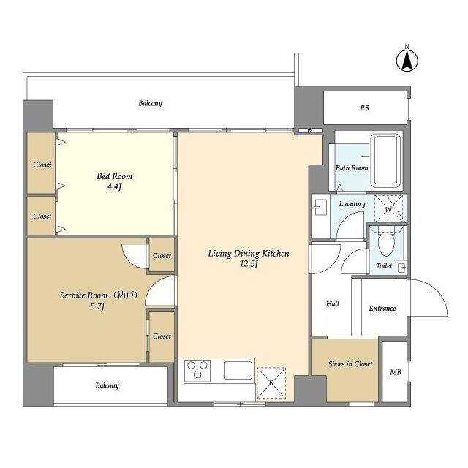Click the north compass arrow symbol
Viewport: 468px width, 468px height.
click(x=407, y=60)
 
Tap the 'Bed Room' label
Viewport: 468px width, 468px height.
click(x=114, y=176)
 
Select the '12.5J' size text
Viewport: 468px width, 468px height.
click(x=249, y=264)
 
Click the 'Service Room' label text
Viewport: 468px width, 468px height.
click(x=83, y=295)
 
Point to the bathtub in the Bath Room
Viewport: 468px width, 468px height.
click(x=385, y=160)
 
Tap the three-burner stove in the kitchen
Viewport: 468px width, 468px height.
click(x=197, y=370)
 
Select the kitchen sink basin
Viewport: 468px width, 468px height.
click(x=238, y=370)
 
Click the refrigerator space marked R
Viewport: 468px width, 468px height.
click(x=271, y=383)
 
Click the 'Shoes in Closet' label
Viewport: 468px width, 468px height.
click(x=350, y=364)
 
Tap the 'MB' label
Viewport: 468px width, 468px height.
click(x=395, y=372)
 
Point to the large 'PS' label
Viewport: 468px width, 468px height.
click(x=364, y=108)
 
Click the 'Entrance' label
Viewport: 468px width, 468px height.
click(x=382, y=309)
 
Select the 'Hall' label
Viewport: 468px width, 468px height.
click(x=333, y=304)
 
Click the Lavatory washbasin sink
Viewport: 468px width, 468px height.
click(x=320, y=207)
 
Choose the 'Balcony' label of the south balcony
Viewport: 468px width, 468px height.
click(x=107, y=385)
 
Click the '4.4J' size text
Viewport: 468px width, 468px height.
click(x=114, y=187)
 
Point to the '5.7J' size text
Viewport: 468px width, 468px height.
click(x=97, y=306)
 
